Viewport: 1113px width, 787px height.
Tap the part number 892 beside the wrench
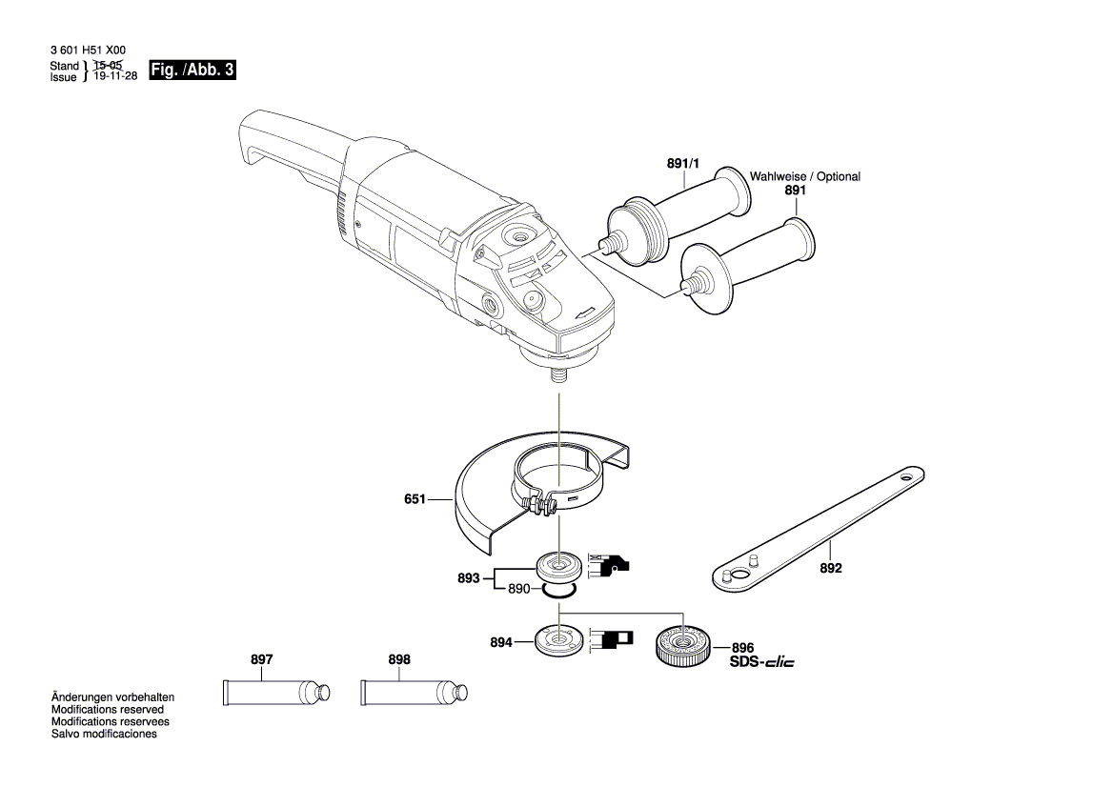(x=831, y=568)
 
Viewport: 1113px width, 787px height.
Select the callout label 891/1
(x=682, y=165)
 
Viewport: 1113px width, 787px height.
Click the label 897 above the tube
(x=262, y=659)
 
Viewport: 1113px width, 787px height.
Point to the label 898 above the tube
(x=399, y=659)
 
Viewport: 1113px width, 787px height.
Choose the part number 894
(x=501, y=643)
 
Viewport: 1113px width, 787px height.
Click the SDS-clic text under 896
(x=761, y=662)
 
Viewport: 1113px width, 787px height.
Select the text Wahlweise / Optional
(x=804, y=176)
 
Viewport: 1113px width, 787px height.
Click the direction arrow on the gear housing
(x=586, y=312)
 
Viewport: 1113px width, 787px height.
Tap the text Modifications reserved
(x=107, y=710)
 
